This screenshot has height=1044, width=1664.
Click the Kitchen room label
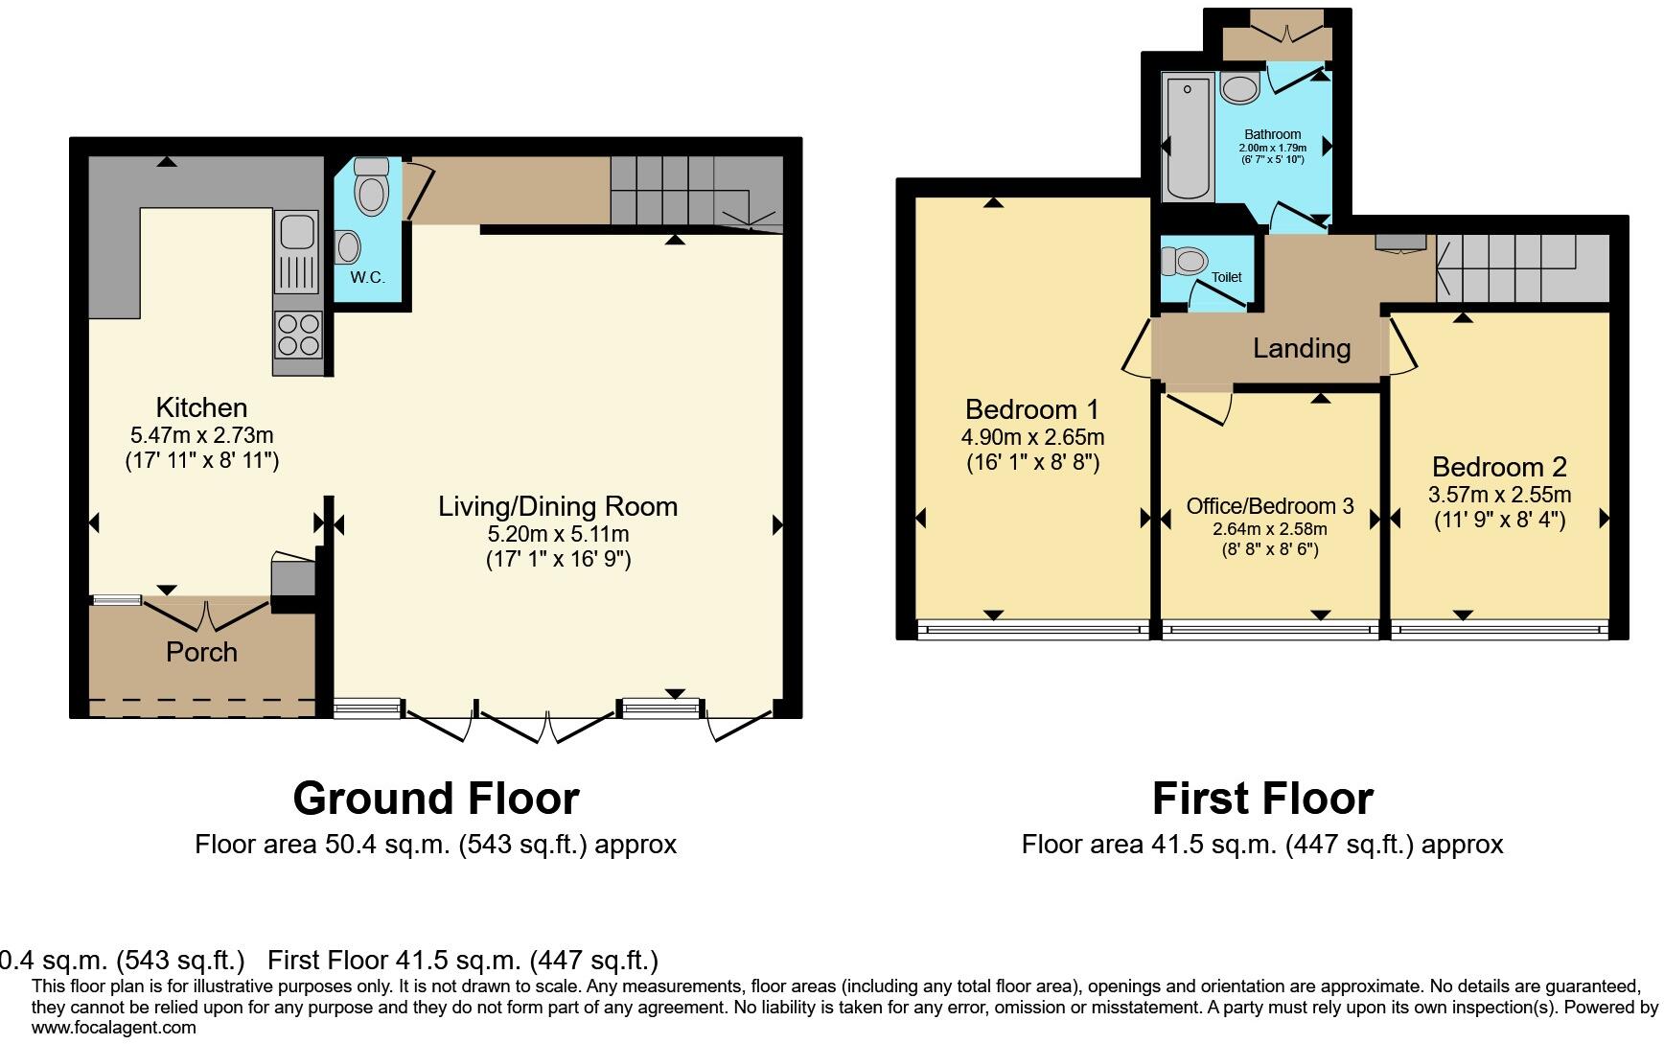tap(201, 407)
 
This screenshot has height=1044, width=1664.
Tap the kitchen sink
tap(296, 251)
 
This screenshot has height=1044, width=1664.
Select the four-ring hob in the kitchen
tap(298, 335)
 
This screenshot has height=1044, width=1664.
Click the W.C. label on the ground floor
tap(367, 278)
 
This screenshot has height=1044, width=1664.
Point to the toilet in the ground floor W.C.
tap(371, 188)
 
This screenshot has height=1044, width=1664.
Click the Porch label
tap(201, 652)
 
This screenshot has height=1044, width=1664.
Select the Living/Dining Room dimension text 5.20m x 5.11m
tap(558, 534)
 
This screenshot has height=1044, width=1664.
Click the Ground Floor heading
tap(435, 798)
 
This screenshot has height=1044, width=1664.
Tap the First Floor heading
tap(1261, 798)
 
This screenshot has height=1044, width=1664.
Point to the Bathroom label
tap(1272, 134)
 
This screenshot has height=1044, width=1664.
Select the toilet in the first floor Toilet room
tap(1185, 261)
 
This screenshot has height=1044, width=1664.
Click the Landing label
tap(1301, 348)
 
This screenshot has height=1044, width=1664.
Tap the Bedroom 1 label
tap(1031, 409)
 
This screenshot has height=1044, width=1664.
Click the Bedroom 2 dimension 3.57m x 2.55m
tap(1499, 495)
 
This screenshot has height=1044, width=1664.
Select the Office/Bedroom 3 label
tap(1269, 506)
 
